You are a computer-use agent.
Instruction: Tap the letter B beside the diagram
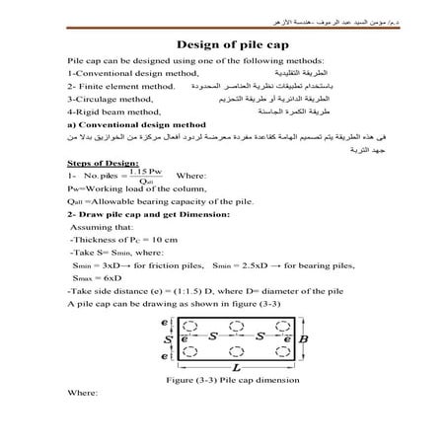tap(303, 338)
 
